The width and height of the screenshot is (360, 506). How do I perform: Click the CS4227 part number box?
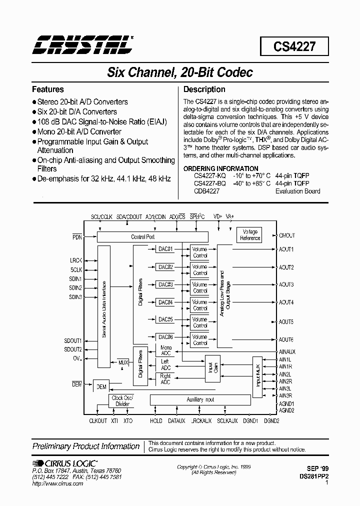point(294,47)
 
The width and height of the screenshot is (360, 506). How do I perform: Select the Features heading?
point(48,89)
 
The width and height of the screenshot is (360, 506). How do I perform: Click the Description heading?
point(204,89)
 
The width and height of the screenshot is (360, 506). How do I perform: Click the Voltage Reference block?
point(250,235)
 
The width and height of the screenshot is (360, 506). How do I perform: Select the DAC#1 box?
point(165,249)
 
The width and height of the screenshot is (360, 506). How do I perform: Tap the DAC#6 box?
point(165,336)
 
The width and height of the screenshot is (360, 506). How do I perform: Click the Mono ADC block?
point(165,350)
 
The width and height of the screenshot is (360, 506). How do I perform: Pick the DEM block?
point(101,386)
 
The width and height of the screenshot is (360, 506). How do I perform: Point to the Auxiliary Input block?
point(200,399)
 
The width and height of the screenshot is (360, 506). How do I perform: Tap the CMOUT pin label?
point(287,235)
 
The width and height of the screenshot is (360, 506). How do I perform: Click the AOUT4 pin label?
point(286,302)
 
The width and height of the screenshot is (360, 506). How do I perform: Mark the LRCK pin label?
point(76,260)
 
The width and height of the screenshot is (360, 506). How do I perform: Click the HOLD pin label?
point(156,421)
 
